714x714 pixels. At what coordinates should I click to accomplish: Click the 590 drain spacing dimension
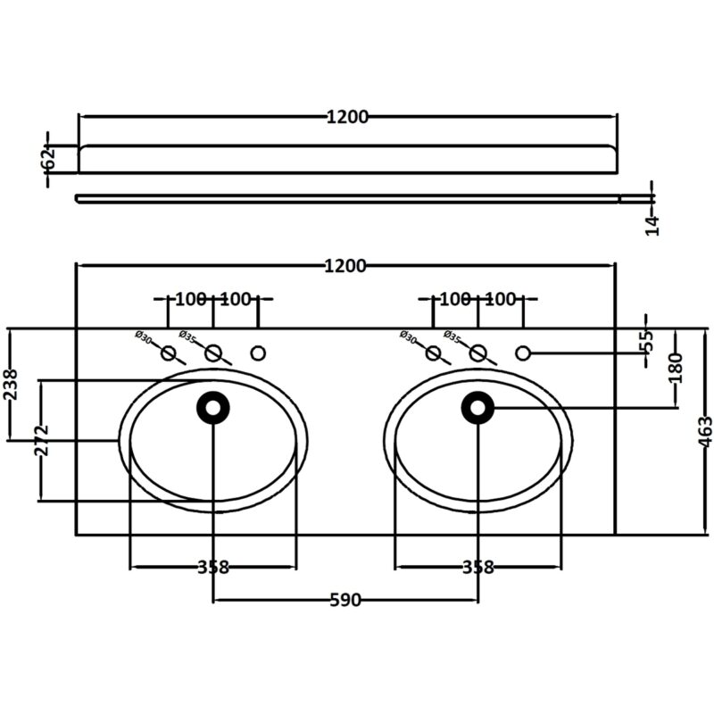click(345, 600)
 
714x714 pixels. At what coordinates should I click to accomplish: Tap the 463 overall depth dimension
click(705, 431)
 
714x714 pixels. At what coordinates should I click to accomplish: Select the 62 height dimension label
click(49, 158)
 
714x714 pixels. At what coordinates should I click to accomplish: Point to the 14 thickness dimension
click(652, 226)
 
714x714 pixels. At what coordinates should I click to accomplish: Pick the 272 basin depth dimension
click(41, 440)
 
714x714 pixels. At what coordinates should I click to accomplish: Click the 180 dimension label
click(677, 368)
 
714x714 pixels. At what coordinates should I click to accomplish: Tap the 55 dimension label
click(646, 341)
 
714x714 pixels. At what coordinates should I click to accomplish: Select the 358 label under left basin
click(213, 568)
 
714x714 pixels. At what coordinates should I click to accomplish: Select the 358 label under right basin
click(478, 568)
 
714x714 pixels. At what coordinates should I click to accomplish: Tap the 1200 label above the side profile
click(347, 117)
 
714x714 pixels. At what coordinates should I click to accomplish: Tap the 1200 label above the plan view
click(345, 266)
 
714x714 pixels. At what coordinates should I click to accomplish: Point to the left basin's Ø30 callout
click(143, 337)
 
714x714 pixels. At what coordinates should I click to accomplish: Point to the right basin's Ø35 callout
click(452, 337)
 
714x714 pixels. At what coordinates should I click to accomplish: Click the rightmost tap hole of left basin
click(258, 353)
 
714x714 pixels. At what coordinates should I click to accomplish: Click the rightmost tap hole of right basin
click(523, 353)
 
